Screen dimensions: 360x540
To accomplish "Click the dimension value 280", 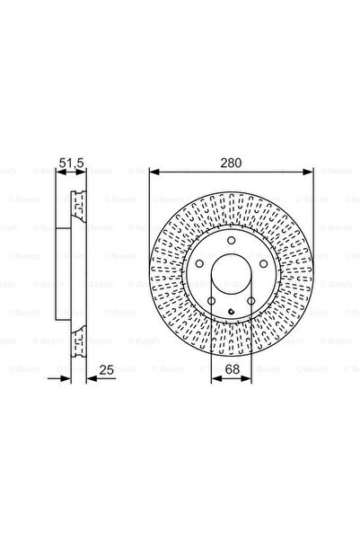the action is [231, 163].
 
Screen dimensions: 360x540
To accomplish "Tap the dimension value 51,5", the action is [71, 163].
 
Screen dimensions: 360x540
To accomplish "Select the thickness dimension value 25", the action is [106, 370].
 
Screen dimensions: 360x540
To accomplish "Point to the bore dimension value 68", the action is [233, 369].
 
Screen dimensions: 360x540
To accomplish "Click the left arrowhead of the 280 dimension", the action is [154, 172].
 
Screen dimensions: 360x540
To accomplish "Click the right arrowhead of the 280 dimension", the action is [308, 172].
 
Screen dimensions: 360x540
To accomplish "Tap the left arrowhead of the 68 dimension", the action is [215, 379].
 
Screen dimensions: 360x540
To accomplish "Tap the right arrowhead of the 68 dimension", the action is [246, 379].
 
